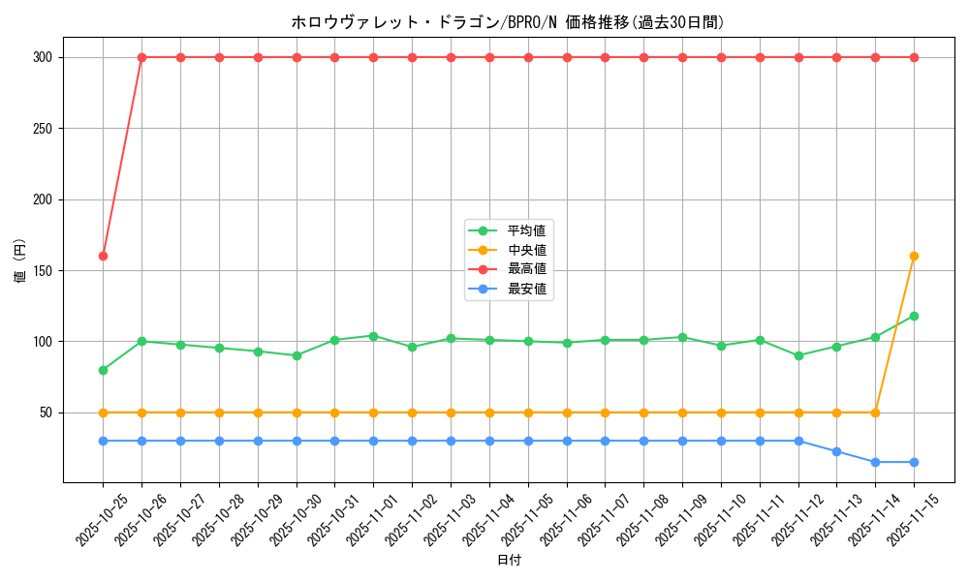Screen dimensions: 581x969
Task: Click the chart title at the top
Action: (x=508, y=22)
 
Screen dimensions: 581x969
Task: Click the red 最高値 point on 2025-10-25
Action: (x=103, y=256)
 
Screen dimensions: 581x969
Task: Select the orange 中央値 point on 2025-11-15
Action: (x=914, y=256)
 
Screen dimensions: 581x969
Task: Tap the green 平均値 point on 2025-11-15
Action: (x=914, y=316)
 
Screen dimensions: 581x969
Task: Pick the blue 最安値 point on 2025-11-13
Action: (x=836, y=451)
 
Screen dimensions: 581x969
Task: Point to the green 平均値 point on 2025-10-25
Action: (x=103, y=370)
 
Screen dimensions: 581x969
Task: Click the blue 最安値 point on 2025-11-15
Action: (x=914, y=462)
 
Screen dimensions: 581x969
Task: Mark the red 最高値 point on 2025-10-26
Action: (x=141, y=57)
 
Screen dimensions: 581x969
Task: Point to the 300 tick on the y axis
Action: (x=43, y=57)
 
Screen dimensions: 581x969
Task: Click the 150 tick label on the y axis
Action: (x=43, y=270)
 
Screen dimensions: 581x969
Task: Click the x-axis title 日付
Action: (x=509, y=561)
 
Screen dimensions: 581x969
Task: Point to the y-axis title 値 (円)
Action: (x=20, y=260)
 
